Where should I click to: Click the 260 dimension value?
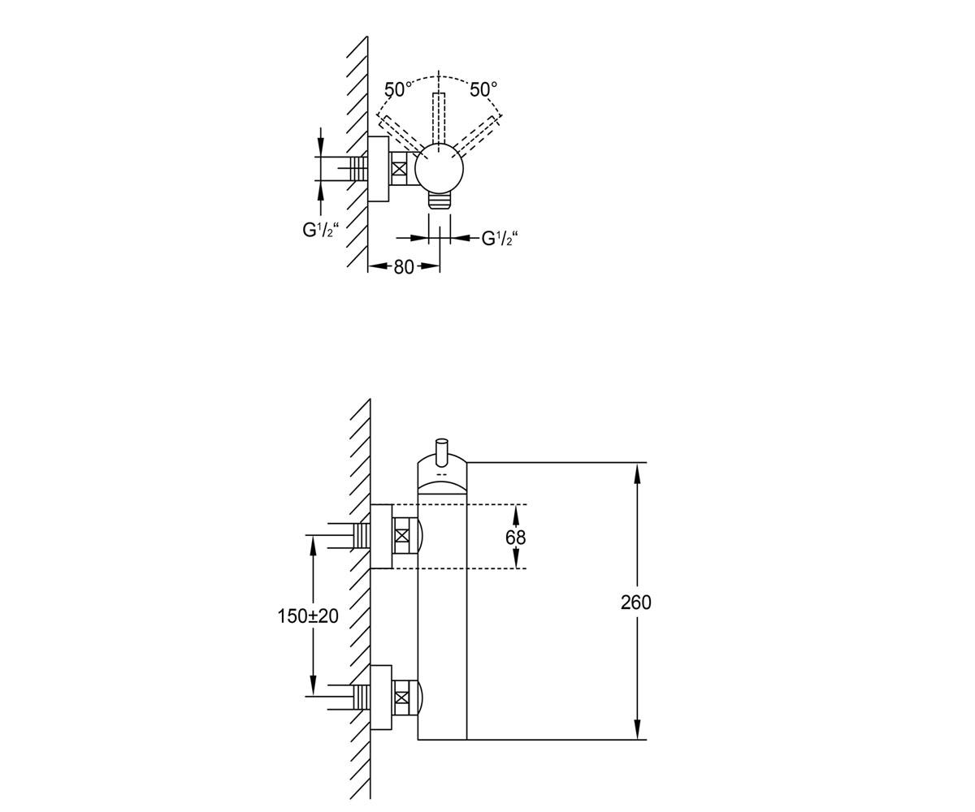point(635,603)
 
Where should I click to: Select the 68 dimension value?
point(515,538)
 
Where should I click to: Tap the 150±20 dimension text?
point(308,616)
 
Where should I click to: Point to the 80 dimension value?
point(404,267)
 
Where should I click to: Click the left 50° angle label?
point(398,89)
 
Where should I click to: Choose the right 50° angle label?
point(483,89)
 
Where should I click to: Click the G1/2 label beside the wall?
point(320,231)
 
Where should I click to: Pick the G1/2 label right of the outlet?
point(500,239)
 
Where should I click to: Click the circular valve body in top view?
point(439,168)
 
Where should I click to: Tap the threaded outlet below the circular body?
point(440,201)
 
